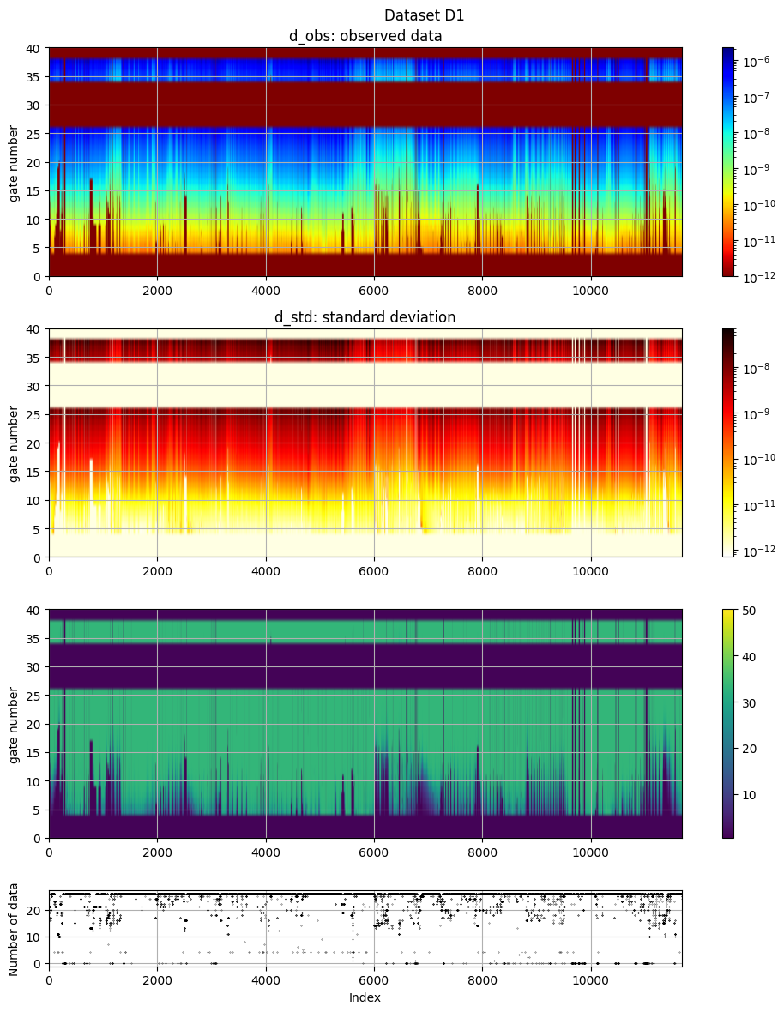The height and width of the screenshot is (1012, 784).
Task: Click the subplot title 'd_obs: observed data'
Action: (365, 36)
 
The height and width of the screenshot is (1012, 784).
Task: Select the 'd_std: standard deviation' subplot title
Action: (365, 317)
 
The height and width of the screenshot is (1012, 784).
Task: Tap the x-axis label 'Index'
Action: (365, 997)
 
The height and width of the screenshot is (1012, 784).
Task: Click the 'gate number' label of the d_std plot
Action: (15, 443)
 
